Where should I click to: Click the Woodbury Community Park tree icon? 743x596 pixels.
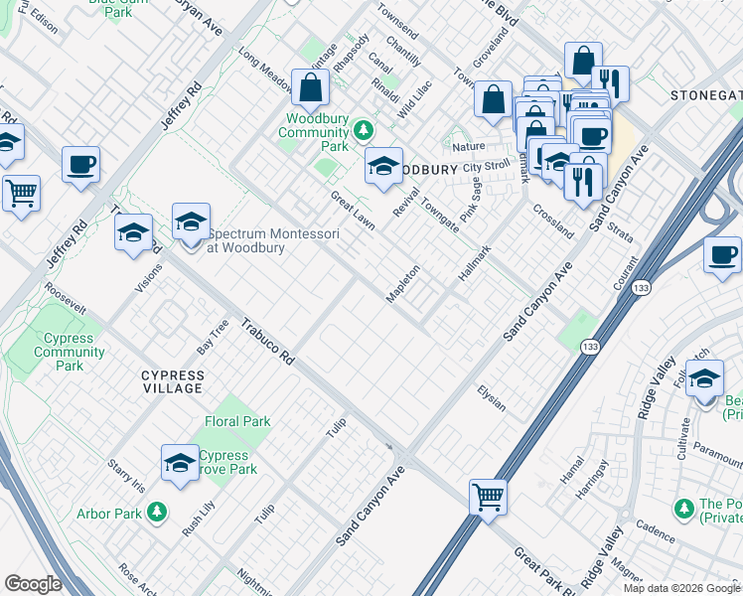coord(364,130)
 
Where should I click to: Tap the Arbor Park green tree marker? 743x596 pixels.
coord(156,512)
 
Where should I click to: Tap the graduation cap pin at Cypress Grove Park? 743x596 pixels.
coord(180,463)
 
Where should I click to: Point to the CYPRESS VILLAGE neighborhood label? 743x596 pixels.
coord(172,381)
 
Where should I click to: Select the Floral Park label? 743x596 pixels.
coord(237,421)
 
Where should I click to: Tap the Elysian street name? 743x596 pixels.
coord(492,398)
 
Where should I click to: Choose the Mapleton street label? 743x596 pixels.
coord(403,284)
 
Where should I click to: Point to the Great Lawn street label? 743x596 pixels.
coord(353,210)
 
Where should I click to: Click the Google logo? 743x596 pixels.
coord(33,584)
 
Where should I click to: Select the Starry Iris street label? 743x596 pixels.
coord(126,476)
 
